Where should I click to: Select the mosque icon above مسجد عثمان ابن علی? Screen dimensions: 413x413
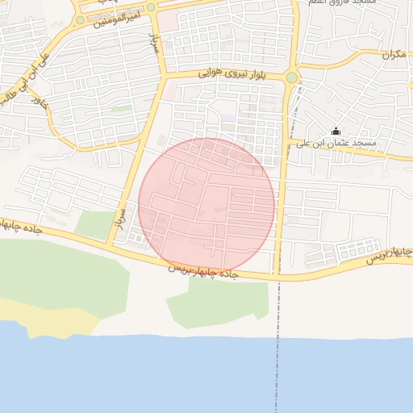pyautogui.click(x=336, y=131)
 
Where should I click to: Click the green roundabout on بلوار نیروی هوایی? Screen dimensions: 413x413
pyautogui.click(x=290, y=77)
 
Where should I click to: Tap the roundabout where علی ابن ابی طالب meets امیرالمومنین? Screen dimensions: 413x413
pyautogui.click(x=80, y=19)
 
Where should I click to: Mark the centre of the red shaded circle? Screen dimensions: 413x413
pyautogui.click(x=206, y=205)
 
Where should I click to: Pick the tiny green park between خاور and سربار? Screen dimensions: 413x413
pyautogui.click(x=122, y=108)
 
